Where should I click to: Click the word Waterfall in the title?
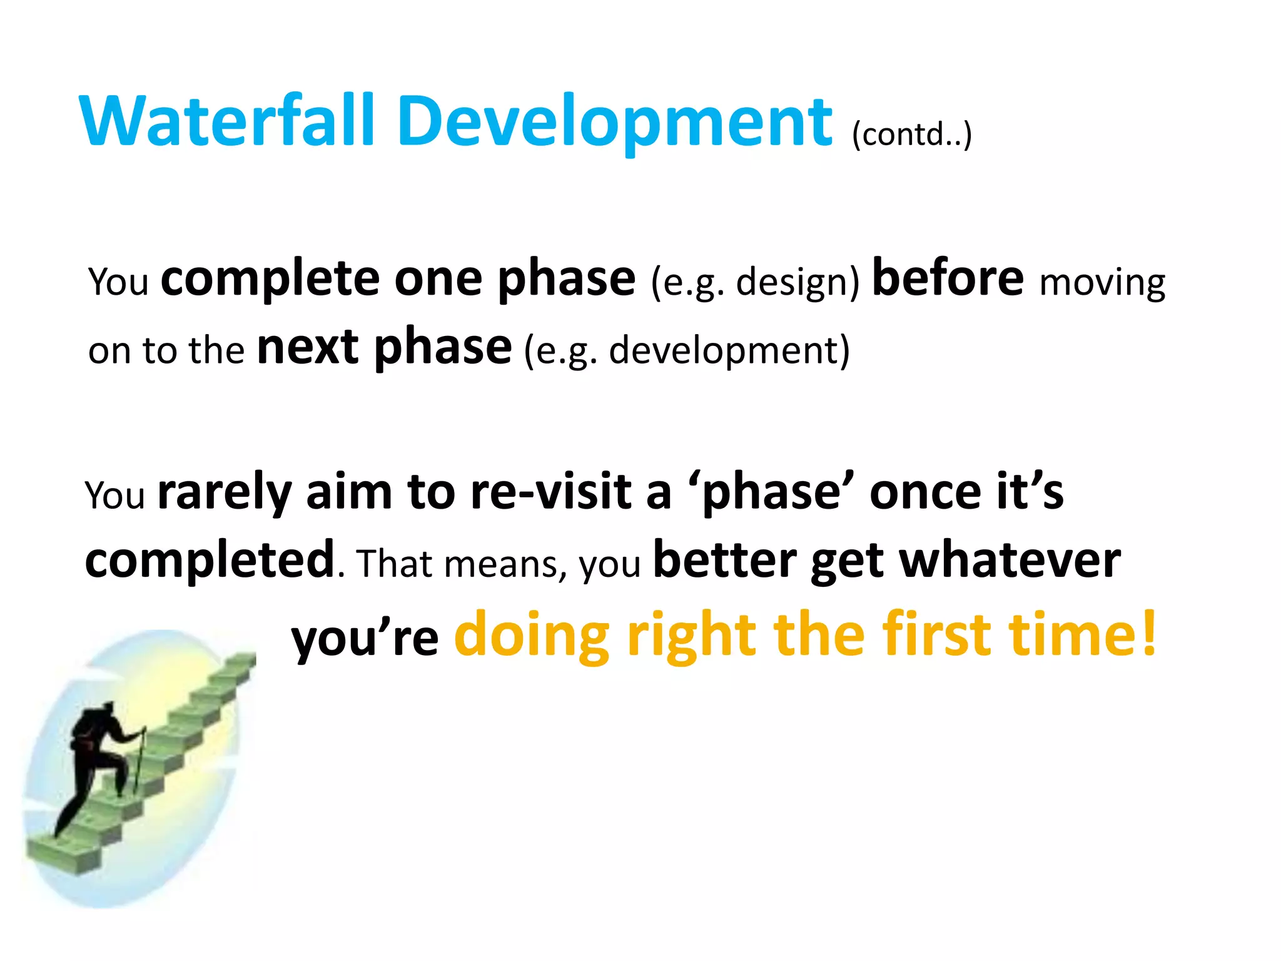(228, 121)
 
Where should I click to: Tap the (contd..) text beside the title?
(912, 134)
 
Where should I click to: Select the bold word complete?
(270, 279)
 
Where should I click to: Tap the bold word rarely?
(224, 492)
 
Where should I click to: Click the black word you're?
(365, 639)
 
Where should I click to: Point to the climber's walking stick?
(139, 760)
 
